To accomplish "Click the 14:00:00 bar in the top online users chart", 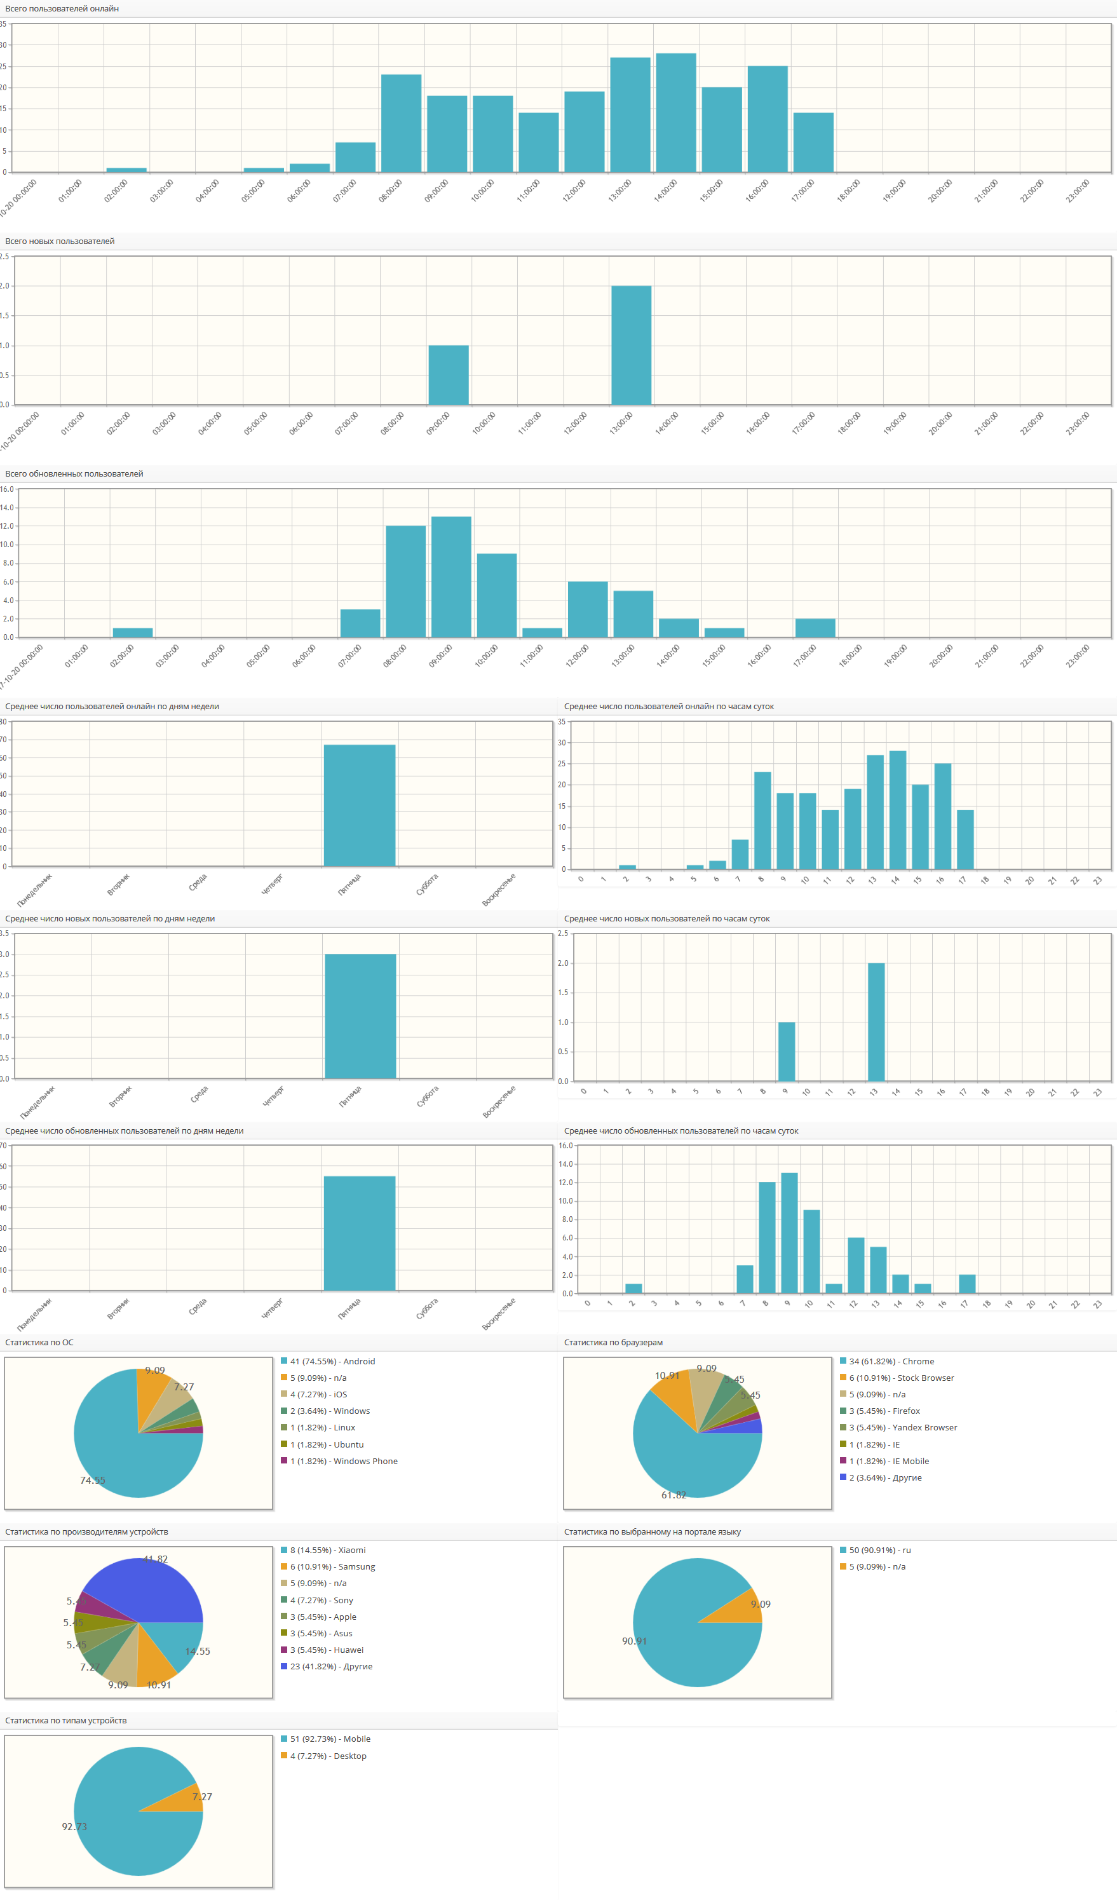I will (675, 113).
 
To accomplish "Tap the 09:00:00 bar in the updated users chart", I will (450, 577).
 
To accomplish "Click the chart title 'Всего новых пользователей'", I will (60, 241).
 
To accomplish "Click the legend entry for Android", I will (332, 1362).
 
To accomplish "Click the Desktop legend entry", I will (328, 1756).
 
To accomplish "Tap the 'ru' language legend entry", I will (879, 1550).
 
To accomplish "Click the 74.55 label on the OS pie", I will (93, 1480).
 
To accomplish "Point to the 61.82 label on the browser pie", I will (674, 1495).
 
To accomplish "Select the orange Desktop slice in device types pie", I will (185, 1800).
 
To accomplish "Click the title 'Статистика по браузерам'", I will (613, 1343).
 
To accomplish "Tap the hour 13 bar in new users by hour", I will (876, 1022).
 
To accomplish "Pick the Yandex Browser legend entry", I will (902, 1428).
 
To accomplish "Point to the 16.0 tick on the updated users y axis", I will (7, 489).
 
